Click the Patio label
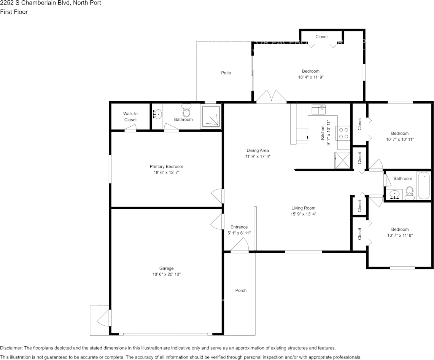point(226,73)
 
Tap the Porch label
point(241,290)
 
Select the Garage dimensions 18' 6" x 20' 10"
point(167,274)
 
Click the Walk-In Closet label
point(130,116)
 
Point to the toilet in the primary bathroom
point(186,112)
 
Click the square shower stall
point(211,116)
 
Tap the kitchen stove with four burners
point(344,133)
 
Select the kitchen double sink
point(318,110)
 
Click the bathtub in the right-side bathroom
point(424,186)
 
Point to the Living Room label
point(304,208)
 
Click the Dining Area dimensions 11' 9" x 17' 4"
point(258,156)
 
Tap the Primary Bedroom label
point(166,166)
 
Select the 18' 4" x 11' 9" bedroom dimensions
point(310,77)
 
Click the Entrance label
point(239,227)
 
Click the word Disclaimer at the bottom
point(11,348)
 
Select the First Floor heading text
point(14,12)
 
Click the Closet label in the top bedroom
point(321,37)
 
